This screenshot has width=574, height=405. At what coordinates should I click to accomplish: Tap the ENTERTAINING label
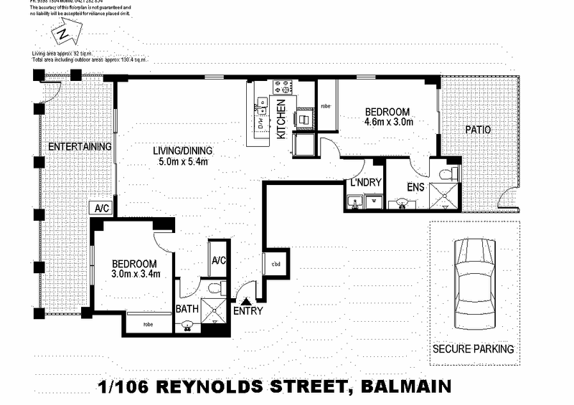(79, 147)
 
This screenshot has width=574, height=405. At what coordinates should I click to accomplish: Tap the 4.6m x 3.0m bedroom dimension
(387, 123)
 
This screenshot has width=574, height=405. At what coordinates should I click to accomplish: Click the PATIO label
(476, 130)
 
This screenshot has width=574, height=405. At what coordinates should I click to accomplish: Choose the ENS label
(416, 188)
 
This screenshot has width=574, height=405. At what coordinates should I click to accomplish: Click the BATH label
(188, 310)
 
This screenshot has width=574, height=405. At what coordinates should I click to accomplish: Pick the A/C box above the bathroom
(218, 260)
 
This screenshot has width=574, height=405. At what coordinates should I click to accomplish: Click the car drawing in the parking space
(474, 282)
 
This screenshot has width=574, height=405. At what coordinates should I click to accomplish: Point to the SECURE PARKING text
(473, 350)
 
